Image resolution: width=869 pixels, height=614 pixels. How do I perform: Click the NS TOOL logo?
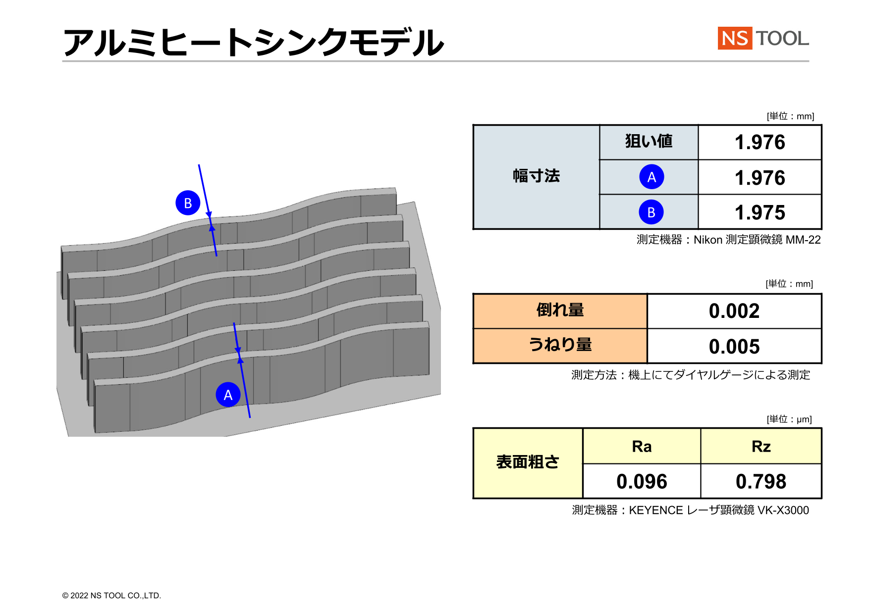[763, 38]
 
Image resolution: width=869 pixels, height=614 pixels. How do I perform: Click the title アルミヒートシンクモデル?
[254, 43]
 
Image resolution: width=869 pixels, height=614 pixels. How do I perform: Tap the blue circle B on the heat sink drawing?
[188, 203]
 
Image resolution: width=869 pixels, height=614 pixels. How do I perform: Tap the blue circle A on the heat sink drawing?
[228, 395]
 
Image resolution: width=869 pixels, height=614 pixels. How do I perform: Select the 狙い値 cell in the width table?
[649, 142]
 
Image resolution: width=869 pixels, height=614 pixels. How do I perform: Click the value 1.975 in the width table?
[760, 212]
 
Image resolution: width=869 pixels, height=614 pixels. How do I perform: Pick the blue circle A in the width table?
[652, 177]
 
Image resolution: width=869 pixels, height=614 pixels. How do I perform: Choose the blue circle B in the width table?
[651, 212]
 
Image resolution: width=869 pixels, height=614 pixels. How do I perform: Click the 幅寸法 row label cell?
[537, 177]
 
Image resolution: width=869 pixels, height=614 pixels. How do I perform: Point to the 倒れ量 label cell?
[560, 311]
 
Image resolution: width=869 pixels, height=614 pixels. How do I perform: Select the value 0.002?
[734, 311]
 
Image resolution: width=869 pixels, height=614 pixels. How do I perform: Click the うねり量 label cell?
[560, 346]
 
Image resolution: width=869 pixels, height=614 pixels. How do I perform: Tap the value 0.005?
[734, 347]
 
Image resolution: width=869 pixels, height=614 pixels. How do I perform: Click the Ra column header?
[642, 446]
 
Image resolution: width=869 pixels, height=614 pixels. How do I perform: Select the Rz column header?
[761, 446]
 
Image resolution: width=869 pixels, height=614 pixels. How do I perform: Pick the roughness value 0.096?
[642, 481]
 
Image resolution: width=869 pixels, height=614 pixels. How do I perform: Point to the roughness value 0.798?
[761, 481]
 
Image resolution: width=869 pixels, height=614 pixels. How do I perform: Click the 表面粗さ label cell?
[528, 463]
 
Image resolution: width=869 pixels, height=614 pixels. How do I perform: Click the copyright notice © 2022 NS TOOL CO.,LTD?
[111, 596]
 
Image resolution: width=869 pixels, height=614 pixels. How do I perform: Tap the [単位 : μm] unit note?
[789, 419]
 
